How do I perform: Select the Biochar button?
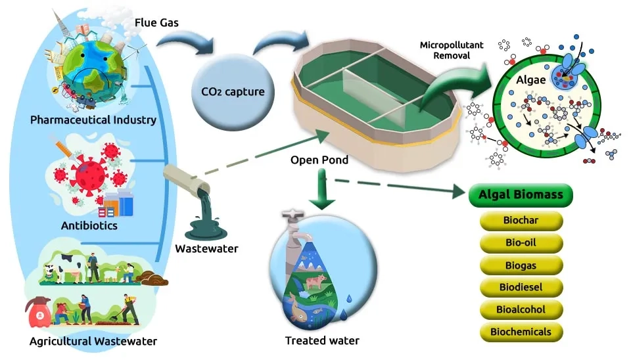coord(521,220)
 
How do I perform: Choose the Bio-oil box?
coord(521,243)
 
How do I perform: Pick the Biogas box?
coord(521,265)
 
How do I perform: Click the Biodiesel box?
coord(521,287)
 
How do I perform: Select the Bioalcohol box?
coord(521,309)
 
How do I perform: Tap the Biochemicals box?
coord(521,332)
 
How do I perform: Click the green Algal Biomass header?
coord(521,195)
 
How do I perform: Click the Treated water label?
coord(322,341)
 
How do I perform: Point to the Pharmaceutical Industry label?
coord(93,120)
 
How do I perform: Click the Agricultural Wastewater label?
coord(93,342)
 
